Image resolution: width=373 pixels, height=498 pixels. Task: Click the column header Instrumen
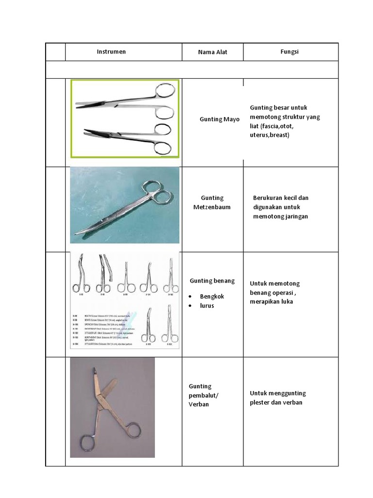111,52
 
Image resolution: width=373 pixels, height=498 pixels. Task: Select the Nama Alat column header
213,52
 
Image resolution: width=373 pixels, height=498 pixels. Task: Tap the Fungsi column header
289,52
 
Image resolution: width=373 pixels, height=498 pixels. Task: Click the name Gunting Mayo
220,119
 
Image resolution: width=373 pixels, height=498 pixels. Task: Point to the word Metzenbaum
213,207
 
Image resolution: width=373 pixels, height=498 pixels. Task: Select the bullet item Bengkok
212,296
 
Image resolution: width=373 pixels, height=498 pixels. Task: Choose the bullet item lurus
207,305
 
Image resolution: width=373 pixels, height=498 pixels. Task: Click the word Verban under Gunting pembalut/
199,404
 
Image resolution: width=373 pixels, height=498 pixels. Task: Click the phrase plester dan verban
276,402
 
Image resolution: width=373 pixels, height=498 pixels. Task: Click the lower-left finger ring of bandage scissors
87,443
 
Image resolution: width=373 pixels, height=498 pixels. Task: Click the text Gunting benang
212,281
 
